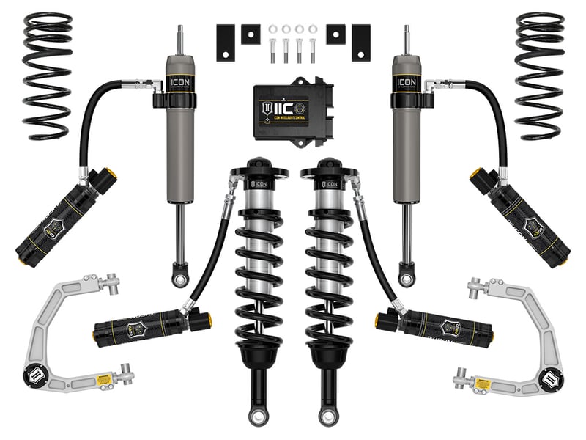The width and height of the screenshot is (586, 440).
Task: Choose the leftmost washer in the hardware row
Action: click(272, 29)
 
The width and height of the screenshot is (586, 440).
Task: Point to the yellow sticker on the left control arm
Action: click(103, 377)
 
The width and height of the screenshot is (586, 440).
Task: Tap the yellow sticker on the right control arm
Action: click(483, 382)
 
